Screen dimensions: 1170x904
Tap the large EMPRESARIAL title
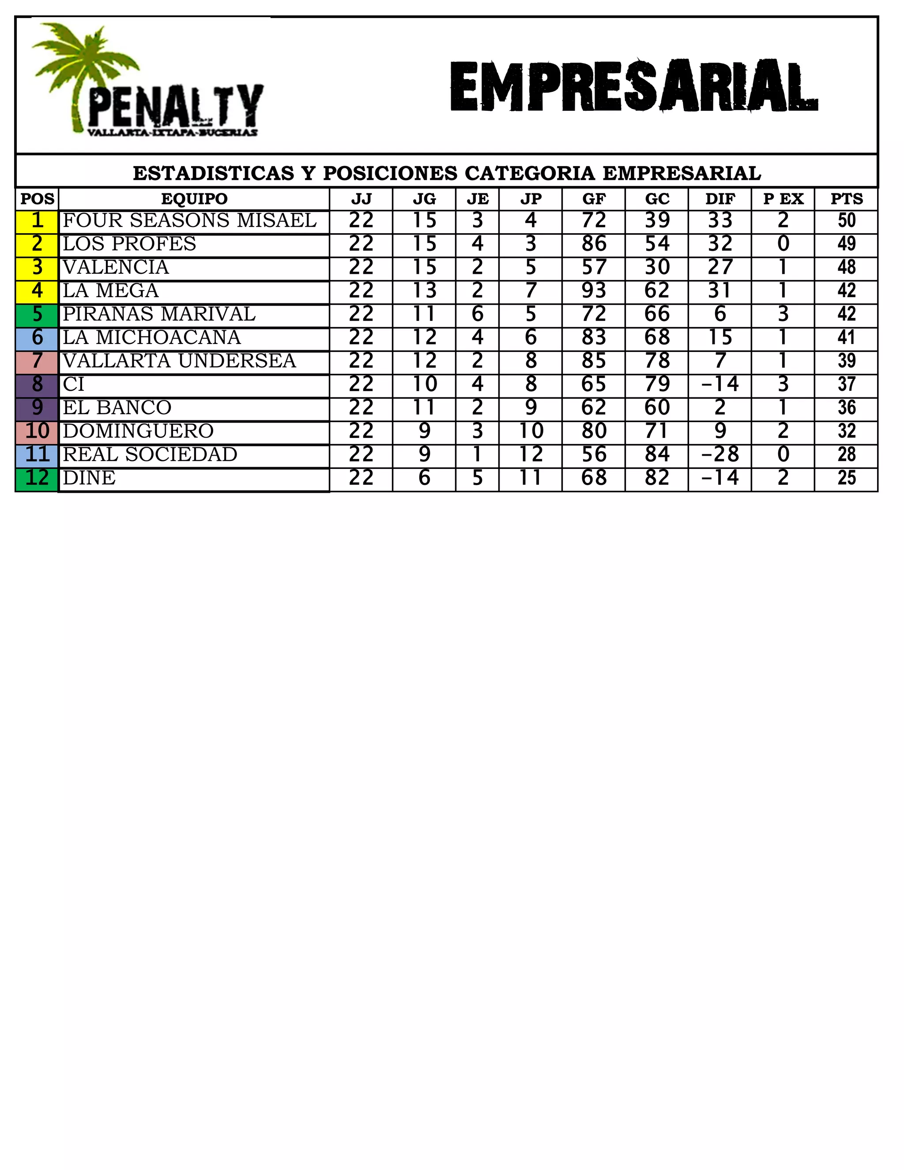633,87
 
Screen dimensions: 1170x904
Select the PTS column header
846,199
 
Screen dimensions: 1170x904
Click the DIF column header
720,199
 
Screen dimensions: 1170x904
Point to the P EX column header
783,199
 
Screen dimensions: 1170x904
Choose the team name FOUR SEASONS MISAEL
189,220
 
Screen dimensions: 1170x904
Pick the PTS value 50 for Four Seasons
846,220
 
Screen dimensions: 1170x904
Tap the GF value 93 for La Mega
593,291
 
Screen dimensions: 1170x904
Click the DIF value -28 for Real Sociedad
720,454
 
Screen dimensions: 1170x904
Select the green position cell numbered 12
37,478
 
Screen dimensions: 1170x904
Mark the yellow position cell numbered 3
37,267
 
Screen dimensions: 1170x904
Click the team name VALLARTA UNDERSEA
179,361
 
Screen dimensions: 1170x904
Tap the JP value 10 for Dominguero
530,431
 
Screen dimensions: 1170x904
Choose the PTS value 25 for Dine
846,478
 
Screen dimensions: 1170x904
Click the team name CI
73,384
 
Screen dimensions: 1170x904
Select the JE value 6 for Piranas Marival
477,314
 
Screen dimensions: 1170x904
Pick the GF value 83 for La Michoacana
593,337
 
